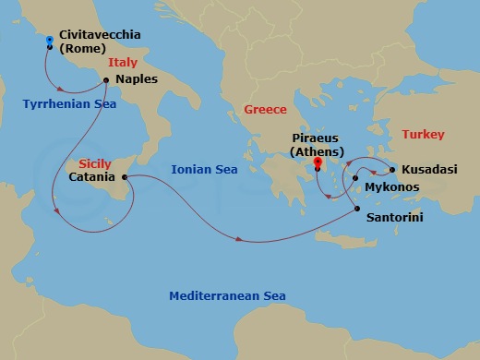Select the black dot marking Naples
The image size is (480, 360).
pos(107,79)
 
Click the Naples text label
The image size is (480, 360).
pos(137,79)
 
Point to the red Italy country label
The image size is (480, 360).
pos(123,63)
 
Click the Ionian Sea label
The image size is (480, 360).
pos(204,170)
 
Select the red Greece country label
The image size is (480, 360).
pos(265,110)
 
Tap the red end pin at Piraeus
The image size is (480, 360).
pos(318,164)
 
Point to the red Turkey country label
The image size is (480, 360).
pos(423,135)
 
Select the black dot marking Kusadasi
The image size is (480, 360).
pos(392,171)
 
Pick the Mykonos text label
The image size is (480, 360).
pos(392,187)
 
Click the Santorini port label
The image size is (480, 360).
pos(396,218)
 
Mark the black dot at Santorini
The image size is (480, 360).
pos(357,210)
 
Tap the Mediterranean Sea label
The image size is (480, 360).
pos(226,296)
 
